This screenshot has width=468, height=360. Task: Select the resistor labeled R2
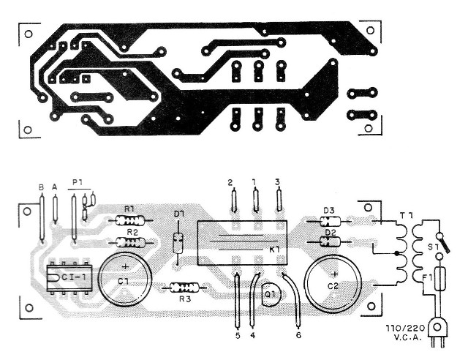point(132,242)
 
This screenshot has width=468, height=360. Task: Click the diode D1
point(178,242)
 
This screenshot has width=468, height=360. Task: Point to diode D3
point(329,220)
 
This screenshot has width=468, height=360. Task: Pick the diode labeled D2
point(329,242)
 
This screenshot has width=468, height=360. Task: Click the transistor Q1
point(270,294)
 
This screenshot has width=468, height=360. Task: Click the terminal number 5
point(238,335)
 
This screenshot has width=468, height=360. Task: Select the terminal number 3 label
point(278,181)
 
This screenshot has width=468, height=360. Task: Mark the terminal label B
point(41,187)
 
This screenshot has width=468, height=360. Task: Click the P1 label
point(76,182)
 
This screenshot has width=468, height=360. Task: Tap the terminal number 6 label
point(298,335)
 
